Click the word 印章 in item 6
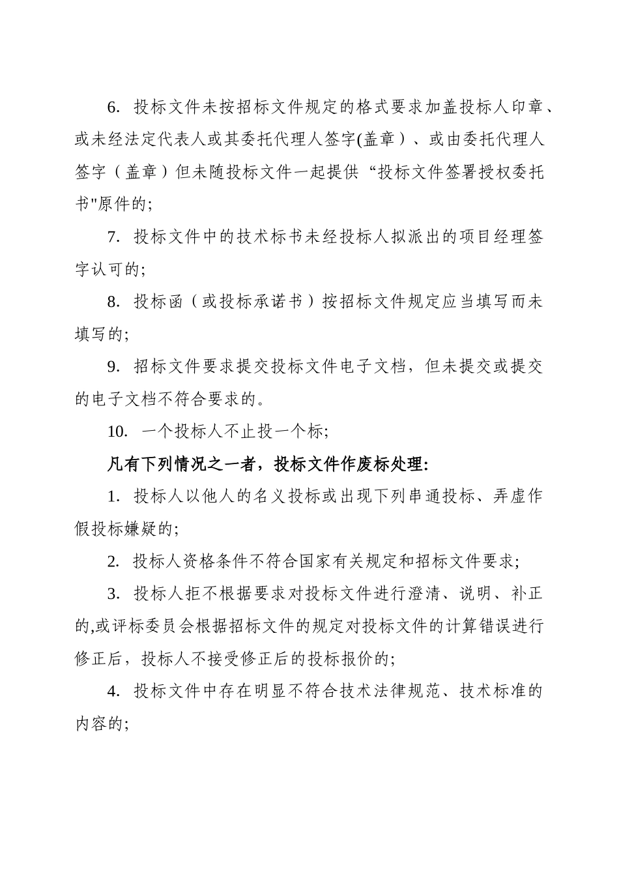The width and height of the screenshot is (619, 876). pos(526,107)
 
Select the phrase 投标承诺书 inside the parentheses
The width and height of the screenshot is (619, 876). pos(261,302)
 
